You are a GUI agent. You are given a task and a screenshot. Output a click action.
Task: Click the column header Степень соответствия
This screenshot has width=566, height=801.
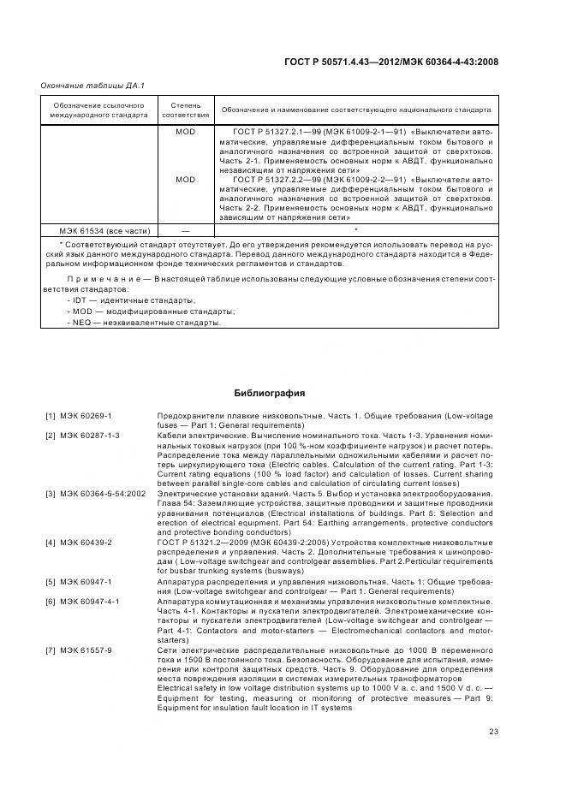[185, 110]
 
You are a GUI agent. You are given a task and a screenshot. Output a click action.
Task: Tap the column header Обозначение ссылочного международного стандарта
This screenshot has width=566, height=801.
[97, 110]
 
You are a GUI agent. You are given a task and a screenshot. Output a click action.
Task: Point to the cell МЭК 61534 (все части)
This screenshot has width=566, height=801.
[104, 231]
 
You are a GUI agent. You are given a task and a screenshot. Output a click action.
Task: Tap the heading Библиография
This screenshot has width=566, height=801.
[270, 394]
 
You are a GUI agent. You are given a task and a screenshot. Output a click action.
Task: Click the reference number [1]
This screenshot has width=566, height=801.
[51, 415]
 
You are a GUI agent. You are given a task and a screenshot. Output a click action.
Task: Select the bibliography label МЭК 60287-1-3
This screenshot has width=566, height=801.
[90, 436]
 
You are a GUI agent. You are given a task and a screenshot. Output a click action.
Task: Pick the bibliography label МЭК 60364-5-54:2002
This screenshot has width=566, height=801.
[103, 495]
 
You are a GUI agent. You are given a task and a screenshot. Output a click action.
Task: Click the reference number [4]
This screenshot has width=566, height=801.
[51, 543]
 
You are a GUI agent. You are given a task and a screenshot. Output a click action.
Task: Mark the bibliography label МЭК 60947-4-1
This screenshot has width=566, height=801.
[90, 601]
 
